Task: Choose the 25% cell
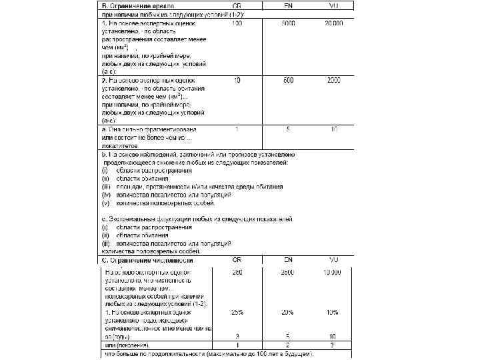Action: tap(237, 311)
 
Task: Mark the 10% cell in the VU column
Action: tap(333, 311)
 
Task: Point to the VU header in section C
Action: tap(333, 261)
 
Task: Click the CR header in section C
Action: tap(237, 261)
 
